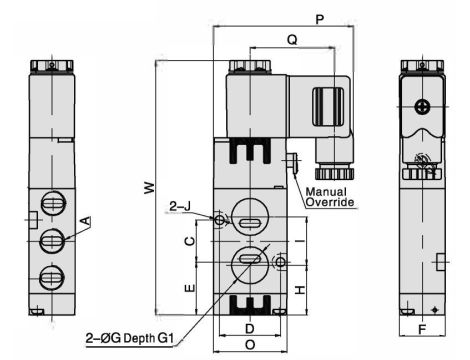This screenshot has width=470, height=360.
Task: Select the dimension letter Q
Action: click(291, 41)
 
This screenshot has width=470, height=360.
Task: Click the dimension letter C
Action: click(188, 242)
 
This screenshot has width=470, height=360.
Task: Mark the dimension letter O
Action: click(250, 345)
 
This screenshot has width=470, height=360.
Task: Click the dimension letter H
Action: click(299, 289)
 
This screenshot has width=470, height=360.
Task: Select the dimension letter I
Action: click(299, 242)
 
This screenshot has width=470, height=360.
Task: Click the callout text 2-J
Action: click(180, 206)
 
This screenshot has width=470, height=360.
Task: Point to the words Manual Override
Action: click(331, 196)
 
